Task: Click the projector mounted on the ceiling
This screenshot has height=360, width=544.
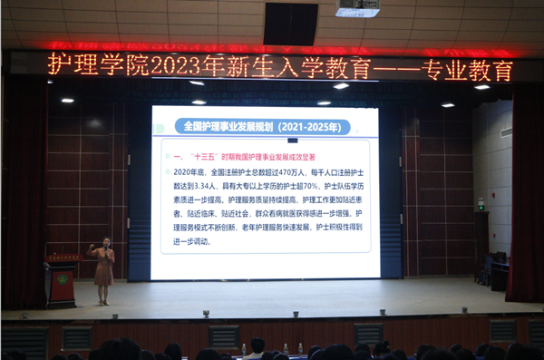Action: (x=357, y=9)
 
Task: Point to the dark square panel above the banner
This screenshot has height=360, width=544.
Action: (x=290, y=24)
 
